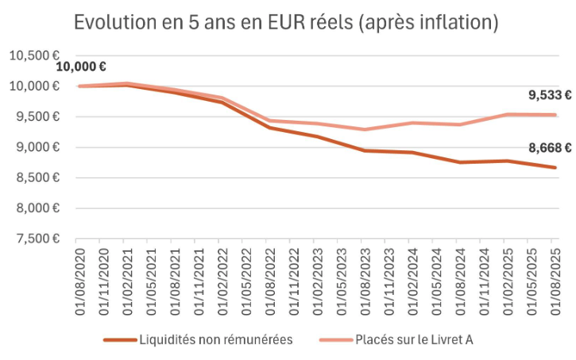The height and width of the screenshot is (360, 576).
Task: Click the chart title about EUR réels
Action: pyautogui.click(x=286, y=22)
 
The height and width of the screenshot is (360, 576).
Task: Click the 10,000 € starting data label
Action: pyautogui.click(x=81, y=67)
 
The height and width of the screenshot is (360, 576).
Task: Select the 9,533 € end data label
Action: pyautogui.click(x=550, y=95)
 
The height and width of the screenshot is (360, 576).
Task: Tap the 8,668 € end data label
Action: pyautogui.click(x=550, y=147)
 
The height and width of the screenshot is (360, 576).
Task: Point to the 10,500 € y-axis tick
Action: pyautogui.click(x=35, y=56)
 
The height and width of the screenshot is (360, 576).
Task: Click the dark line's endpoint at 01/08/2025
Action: pyautogui.click(x=555, y=167)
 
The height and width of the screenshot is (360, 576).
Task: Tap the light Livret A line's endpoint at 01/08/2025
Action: pyautogui.click(x=555, y=114)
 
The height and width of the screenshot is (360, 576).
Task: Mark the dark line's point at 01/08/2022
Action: pyautogui.click(x=269, y=127)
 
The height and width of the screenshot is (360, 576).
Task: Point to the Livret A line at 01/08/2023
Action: pyautogui.click(x=365, y=130)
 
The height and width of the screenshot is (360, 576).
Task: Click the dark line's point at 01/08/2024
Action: pyautogui.click(x=460, y=162)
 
